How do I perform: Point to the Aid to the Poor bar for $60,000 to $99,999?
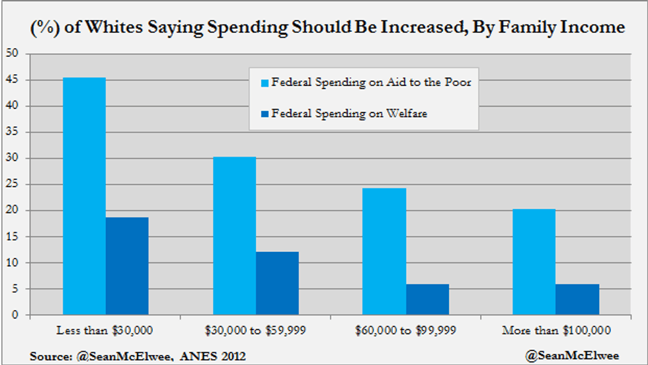[384, 252]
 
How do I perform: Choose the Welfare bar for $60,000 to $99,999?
[427, 300]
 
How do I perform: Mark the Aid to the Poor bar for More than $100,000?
[534, 262]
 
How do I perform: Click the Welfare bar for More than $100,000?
[577, 300]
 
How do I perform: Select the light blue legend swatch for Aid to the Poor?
[265, 84]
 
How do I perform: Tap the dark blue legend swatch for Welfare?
[265, 114]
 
